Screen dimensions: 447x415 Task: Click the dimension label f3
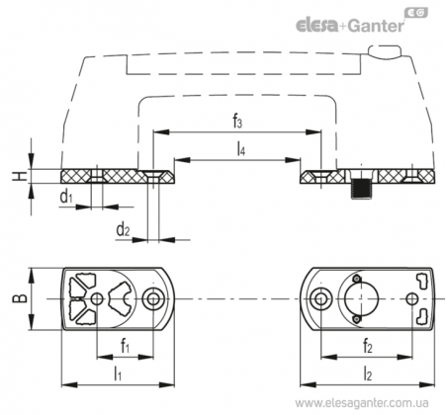pos(237,122)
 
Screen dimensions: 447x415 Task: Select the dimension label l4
pos(241,150)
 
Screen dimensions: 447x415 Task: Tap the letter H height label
pos(20,176)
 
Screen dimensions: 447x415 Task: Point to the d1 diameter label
pos(66,197)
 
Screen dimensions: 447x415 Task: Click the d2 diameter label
pos(123,229)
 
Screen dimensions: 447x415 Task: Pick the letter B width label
pos(20,298)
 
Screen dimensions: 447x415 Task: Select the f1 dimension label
pos(125,346)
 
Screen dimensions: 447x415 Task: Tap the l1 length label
pos(118,374)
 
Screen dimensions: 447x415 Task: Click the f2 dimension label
pos(367,346)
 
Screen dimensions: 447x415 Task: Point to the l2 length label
pos(368,374)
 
